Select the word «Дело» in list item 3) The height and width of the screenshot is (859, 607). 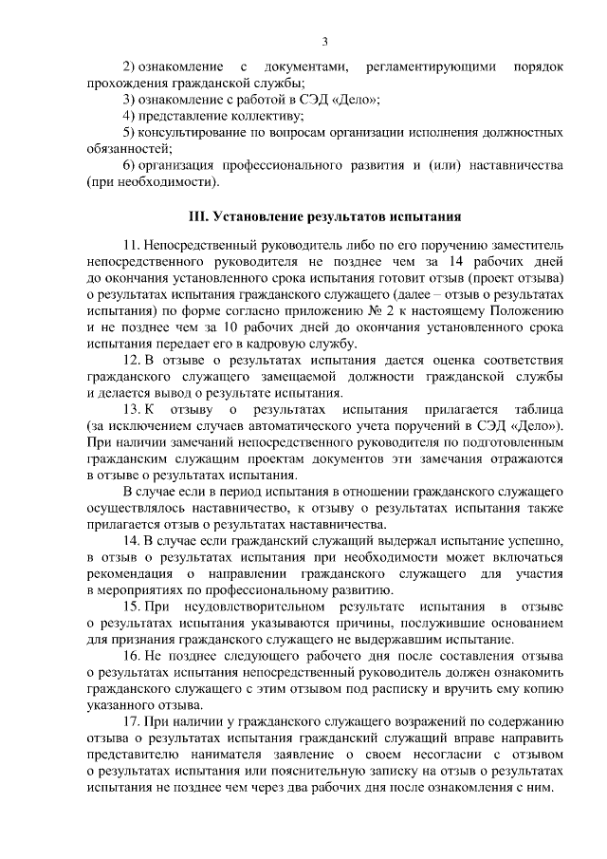(x=359, y=100)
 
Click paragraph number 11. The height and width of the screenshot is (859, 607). (x=131, y=245)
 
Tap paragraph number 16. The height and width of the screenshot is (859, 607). (x=131, y=656)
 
